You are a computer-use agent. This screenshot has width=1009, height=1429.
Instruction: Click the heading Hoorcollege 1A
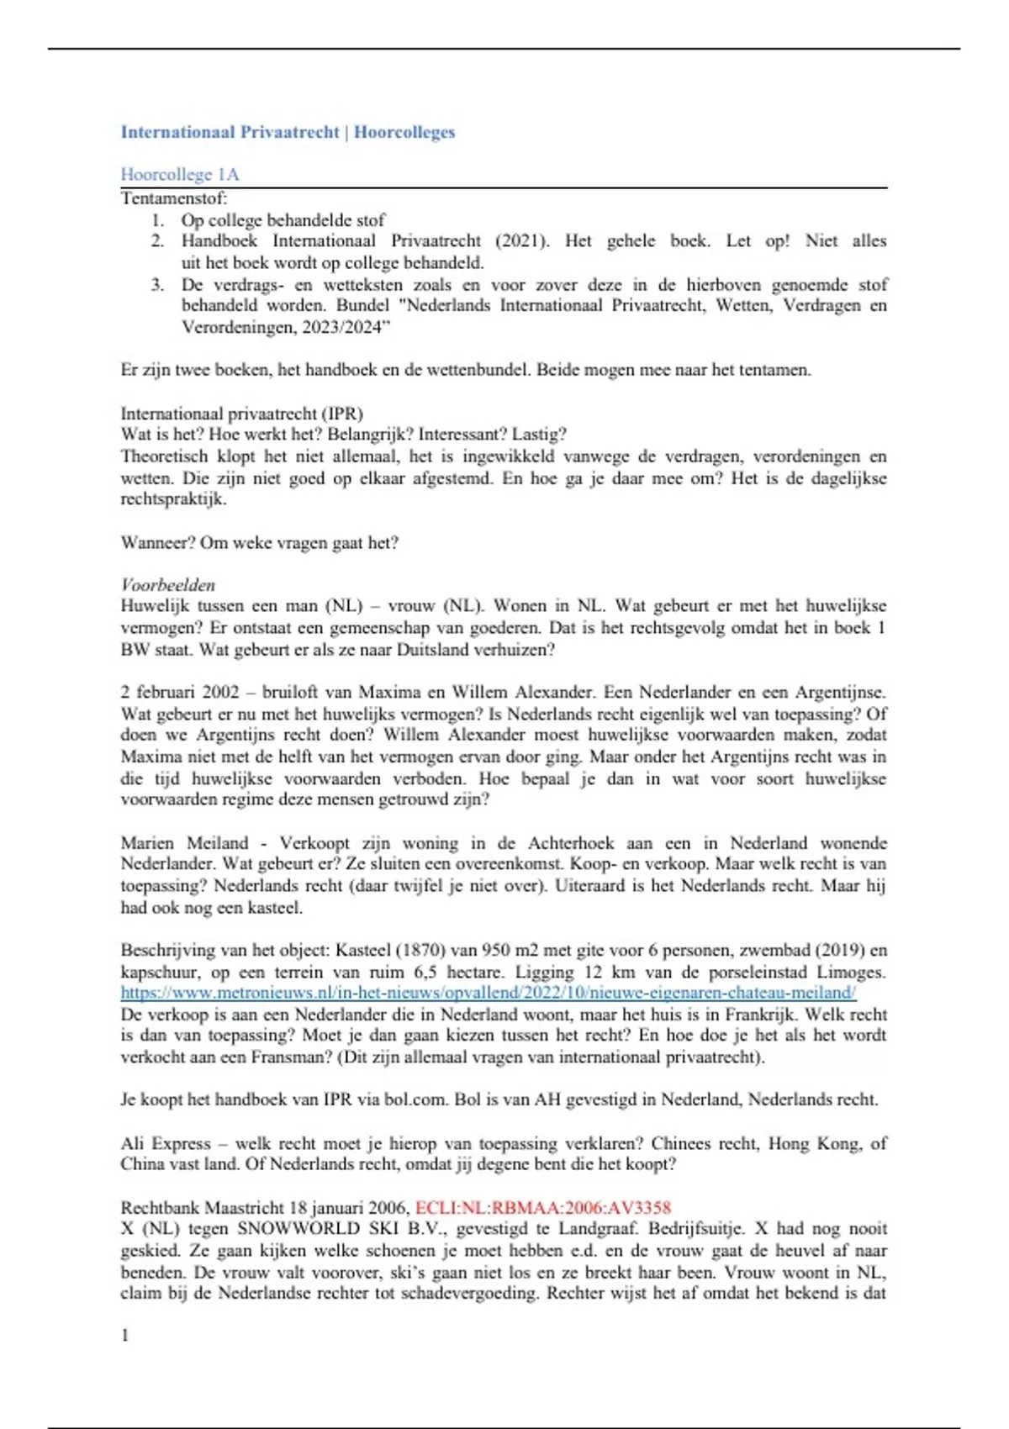click(180, 175)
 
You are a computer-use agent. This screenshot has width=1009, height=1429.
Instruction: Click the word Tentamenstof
click(173, 198)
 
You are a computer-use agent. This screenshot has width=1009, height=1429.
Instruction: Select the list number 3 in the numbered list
click(157, 284)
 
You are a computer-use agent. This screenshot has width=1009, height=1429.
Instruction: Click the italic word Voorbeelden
click(168, 585)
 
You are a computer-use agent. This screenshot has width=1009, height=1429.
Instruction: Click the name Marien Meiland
click(185, 843)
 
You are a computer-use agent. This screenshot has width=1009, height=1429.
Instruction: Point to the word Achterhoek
click(574, 843)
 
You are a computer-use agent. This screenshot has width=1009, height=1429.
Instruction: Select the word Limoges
click(853, 973)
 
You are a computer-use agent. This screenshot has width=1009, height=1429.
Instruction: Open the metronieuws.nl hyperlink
click(488, 993)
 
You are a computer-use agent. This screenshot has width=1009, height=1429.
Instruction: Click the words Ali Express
click(166, 1143)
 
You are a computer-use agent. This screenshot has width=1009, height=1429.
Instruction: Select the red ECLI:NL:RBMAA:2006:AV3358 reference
click(543, 1208)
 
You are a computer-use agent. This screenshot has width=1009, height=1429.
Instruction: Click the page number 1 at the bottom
click(125, 1336)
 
